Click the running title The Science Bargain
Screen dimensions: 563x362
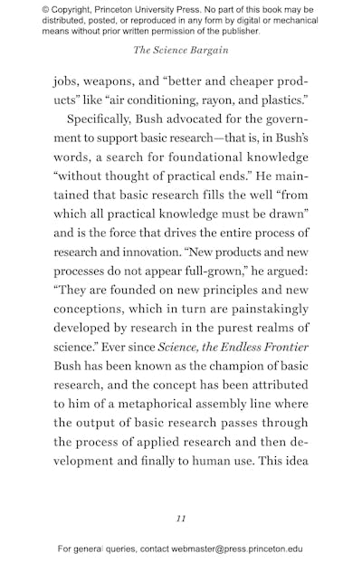181,50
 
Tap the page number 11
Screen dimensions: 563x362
181,518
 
